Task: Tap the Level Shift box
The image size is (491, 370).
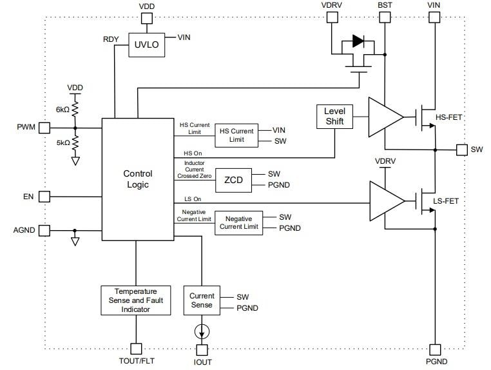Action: pos(334,116)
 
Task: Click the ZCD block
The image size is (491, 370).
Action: pos(233,180)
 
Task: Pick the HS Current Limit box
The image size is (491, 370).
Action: pos(236,135)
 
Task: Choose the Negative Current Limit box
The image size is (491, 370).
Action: pos(239,222)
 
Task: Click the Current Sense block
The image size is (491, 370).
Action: pos(202,300)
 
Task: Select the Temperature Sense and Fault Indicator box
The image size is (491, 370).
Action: pos(136,300)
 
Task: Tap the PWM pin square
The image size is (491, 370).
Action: pos(44,128)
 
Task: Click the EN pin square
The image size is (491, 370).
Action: pos(44,196)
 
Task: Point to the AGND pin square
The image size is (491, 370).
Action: pos(44,230)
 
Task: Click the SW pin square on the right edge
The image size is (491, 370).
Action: pos(461,150)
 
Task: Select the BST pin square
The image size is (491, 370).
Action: pos(385,18)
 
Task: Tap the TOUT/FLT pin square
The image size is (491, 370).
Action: pos(136,349)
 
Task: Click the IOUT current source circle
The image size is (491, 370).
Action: pos(202,332)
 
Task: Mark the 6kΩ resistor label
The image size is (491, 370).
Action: pos(63,110)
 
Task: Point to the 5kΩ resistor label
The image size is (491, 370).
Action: pos(63,143)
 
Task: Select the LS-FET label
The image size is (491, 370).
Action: pos(446,201)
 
